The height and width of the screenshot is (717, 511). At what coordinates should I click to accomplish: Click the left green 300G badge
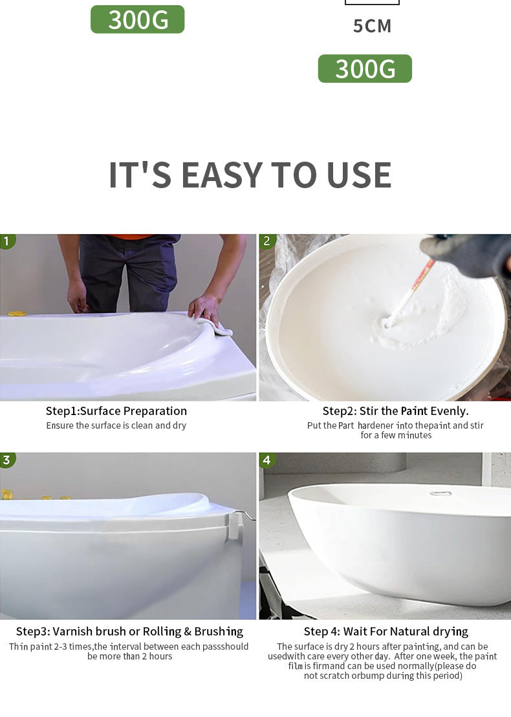(137, 19)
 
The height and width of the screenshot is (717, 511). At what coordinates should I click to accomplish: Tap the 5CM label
(373, 26)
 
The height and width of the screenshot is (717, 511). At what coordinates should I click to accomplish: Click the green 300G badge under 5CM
(365, 69)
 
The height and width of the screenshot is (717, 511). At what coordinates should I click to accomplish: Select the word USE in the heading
(359, 175)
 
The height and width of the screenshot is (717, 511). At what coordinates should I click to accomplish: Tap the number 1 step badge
(7, 241)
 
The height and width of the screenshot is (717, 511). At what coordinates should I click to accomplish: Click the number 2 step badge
(266, 241)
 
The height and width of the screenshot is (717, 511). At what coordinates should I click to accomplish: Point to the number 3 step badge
(7, 460)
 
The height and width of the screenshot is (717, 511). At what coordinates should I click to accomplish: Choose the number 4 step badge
(267, 460)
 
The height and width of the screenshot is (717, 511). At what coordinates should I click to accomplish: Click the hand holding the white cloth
(204, 309)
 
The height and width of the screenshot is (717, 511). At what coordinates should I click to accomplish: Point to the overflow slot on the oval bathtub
(440, 493)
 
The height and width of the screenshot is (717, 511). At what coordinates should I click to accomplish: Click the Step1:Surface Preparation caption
(116, 411)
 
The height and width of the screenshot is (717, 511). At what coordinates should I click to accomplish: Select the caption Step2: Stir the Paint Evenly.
(396, 411)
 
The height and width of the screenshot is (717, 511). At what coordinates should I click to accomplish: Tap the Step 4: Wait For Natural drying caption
(386, 632)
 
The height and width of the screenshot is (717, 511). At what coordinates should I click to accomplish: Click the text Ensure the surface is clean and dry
(116, 425)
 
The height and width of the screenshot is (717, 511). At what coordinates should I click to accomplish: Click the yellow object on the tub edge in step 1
(17, 314)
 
